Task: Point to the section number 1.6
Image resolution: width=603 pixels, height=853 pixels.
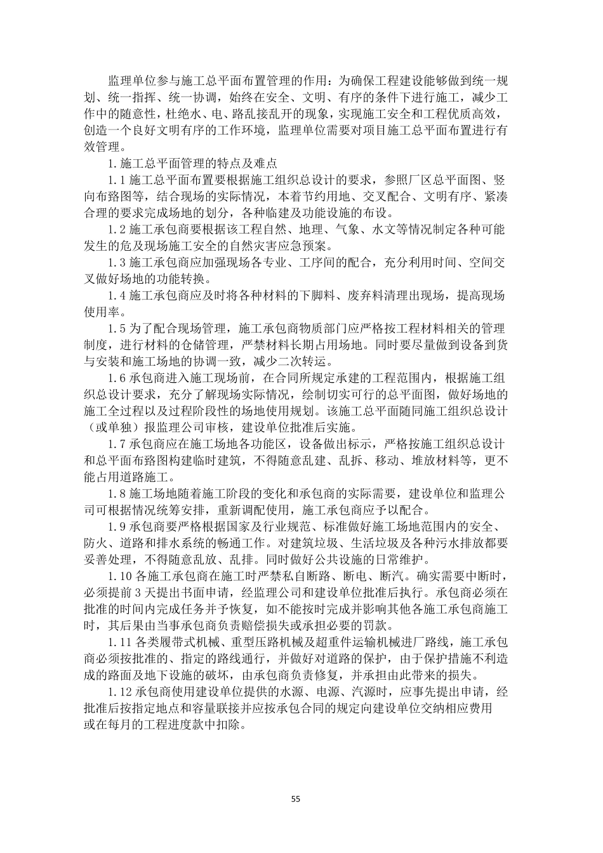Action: click(117, 378)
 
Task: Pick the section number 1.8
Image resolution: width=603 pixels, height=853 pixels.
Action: click(117, 493)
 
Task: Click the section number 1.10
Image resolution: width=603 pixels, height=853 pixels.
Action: click(121, 576)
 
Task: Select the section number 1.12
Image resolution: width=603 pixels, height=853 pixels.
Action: click(121, 691)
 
